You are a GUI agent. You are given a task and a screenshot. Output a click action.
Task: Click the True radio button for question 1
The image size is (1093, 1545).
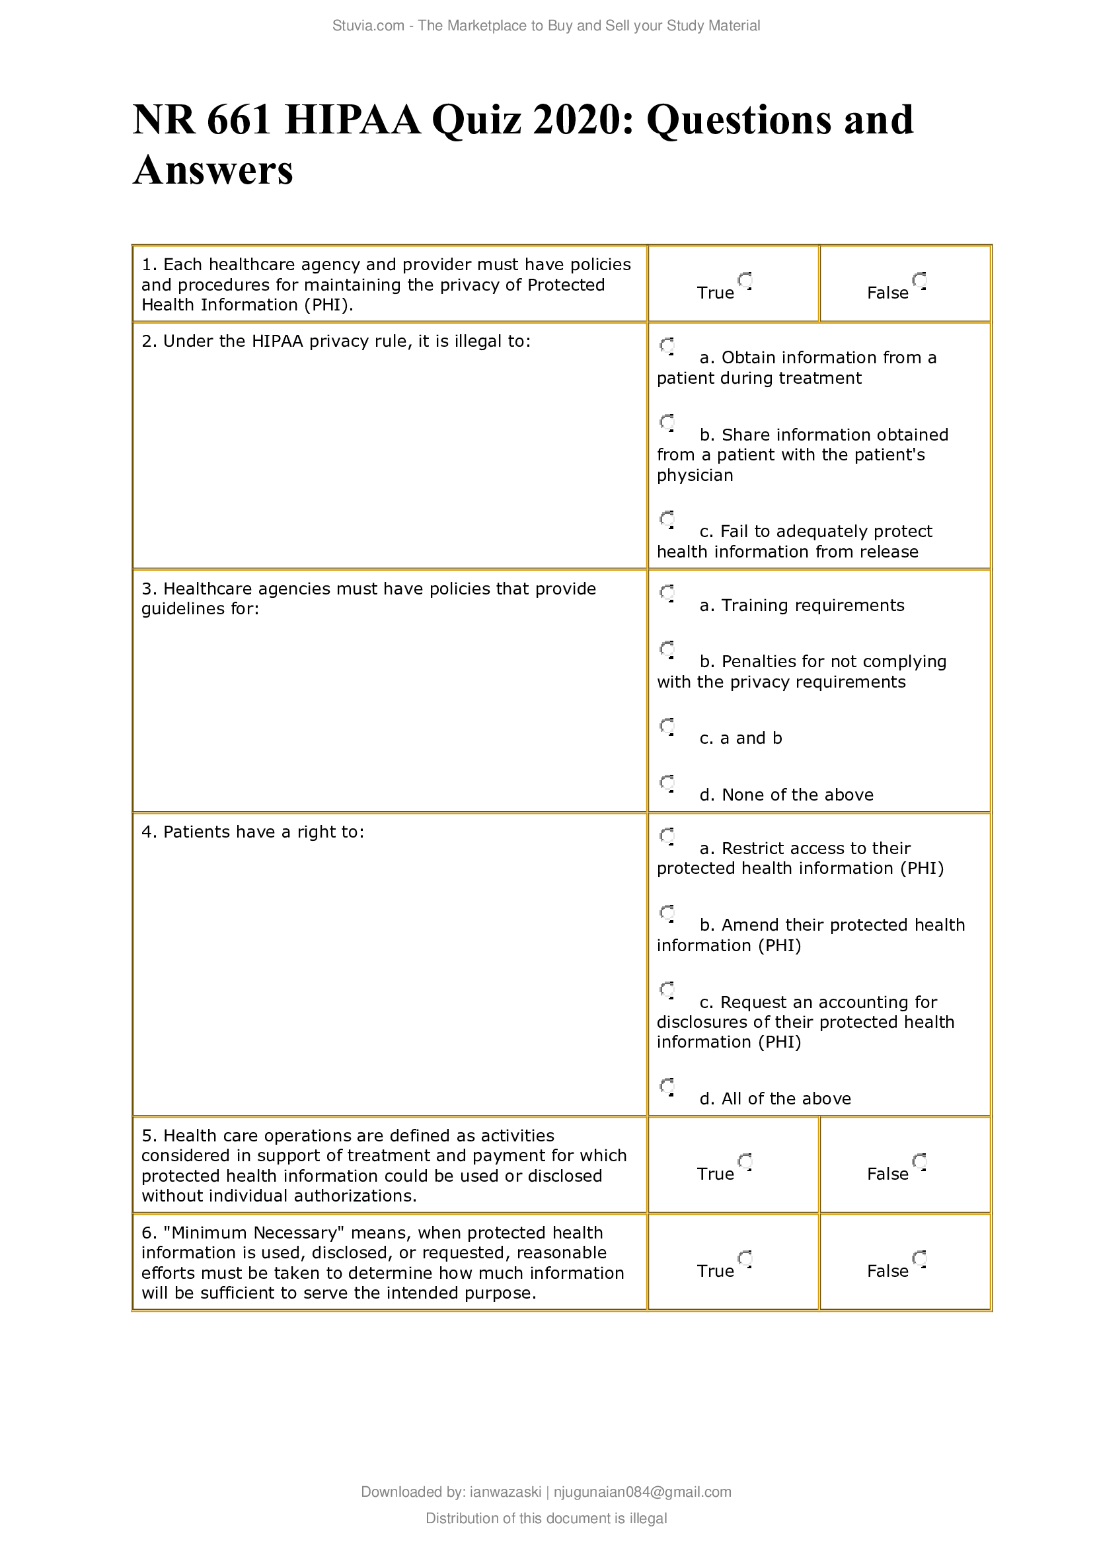point(744,280)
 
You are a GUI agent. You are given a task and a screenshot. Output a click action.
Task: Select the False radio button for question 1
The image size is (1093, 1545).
point(919,280)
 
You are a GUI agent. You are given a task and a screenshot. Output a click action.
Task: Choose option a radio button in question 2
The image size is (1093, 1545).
point(667,346)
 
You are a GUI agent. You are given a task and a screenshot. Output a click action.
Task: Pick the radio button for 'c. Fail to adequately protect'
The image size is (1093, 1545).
point(667,519)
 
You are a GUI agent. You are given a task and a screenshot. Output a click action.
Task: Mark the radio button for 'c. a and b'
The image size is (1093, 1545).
point(667,726)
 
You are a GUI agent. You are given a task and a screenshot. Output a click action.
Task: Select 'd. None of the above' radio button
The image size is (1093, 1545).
point(667,783)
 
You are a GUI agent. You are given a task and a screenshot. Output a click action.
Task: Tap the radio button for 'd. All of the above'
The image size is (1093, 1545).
point(667,1087)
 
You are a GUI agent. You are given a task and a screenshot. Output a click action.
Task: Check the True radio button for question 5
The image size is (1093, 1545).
point(744,1161)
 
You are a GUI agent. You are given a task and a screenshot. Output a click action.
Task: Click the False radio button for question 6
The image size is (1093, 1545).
point(919,1258)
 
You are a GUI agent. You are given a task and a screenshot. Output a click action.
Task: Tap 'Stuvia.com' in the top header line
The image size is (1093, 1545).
point(367,26)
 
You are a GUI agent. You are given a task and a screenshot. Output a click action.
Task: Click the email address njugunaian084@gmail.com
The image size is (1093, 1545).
point(642,1492)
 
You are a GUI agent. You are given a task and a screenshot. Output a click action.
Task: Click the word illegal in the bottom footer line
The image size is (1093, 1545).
point(648,1518)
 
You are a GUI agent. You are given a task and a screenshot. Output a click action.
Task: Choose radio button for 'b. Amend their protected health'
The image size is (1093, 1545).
point(667,912)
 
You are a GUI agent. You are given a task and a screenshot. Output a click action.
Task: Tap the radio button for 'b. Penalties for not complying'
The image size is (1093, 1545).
point(667,649)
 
